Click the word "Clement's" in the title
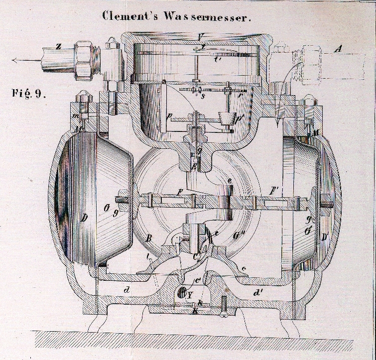coord(126,15)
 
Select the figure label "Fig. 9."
coord(28,93)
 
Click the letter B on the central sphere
coord(148,239)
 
